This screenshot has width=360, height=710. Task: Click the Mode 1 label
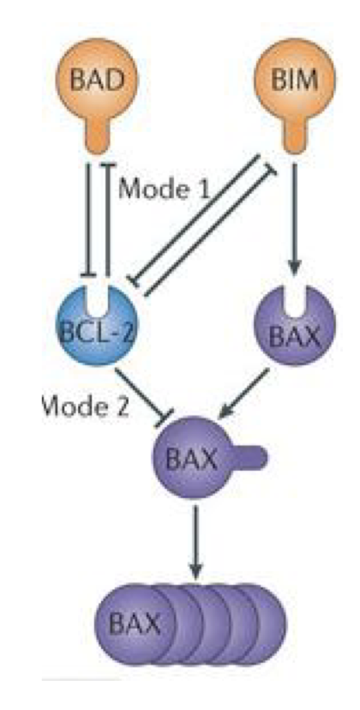[163, 188]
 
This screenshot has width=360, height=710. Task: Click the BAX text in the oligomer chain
[140, 622]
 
